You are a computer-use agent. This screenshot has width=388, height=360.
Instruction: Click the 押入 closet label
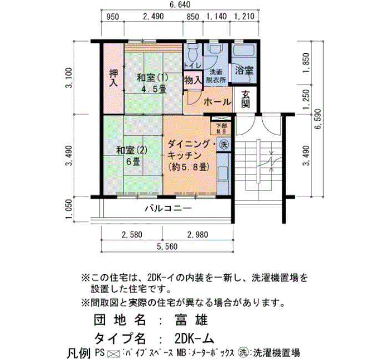pos(114,78)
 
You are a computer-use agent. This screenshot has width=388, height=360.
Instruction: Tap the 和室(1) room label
pos(152,78)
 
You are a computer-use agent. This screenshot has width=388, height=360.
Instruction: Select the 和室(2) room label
pos(132,150)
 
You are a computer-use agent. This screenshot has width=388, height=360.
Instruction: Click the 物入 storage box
pos(193,80)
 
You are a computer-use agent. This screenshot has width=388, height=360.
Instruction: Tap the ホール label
pos(217,102)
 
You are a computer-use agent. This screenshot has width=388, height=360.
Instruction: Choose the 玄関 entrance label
pos(246,99)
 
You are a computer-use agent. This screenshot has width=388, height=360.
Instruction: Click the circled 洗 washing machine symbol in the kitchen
pos(224,144)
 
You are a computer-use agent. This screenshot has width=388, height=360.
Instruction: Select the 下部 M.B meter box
pos(221,128)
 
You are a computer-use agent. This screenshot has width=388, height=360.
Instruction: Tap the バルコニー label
pos(168,208)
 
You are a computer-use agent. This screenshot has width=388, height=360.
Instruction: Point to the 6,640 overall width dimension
pos(180,4)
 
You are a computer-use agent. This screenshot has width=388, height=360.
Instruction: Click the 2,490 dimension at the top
pos(154,16)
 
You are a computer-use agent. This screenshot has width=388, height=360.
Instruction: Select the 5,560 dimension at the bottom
pos(167,246)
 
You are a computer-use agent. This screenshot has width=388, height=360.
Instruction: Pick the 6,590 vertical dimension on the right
pos(318,119)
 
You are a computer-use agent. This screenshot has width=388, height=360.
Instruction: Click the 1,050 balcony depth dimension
pos(69,209)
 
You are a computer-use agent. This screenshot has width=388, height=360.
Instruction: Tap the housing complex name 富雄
pos(191,320)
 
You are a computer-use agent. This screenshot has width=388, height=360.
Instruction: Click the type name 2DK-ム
pos(194,339)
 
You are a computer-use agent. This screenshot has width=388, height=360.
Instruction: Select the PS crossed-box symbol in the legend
pos(114,354)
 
